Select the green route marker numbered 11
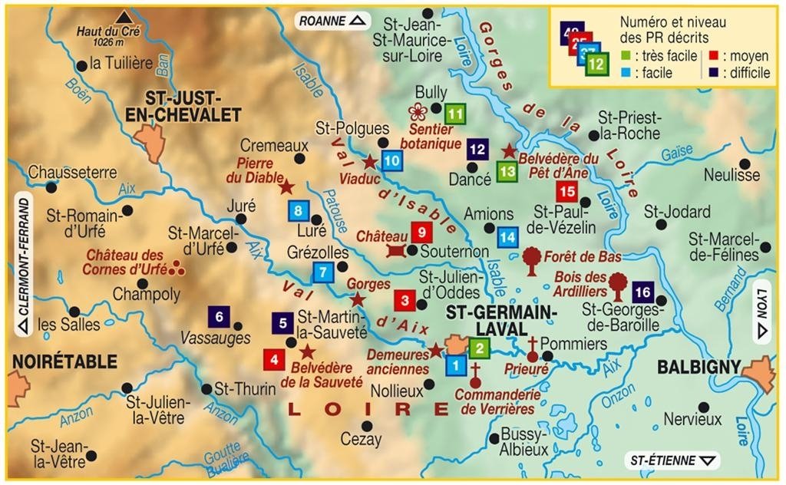pyautogui.click(x=456, y=114)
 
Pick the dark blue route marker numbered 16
pyautogui.click(x=642, y=292)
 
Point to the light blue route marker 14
pyautogui.click(x=507, y=237)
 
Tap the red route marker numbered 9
pyautogui.click(x=421, y=231)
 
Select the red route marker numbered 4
pyautogui.click(x=273, y=358)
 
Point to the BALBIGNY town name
pyautogui.click(x=698, y=367)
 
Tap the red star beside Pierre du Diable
pyautogui.click(x=286, y=186)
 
